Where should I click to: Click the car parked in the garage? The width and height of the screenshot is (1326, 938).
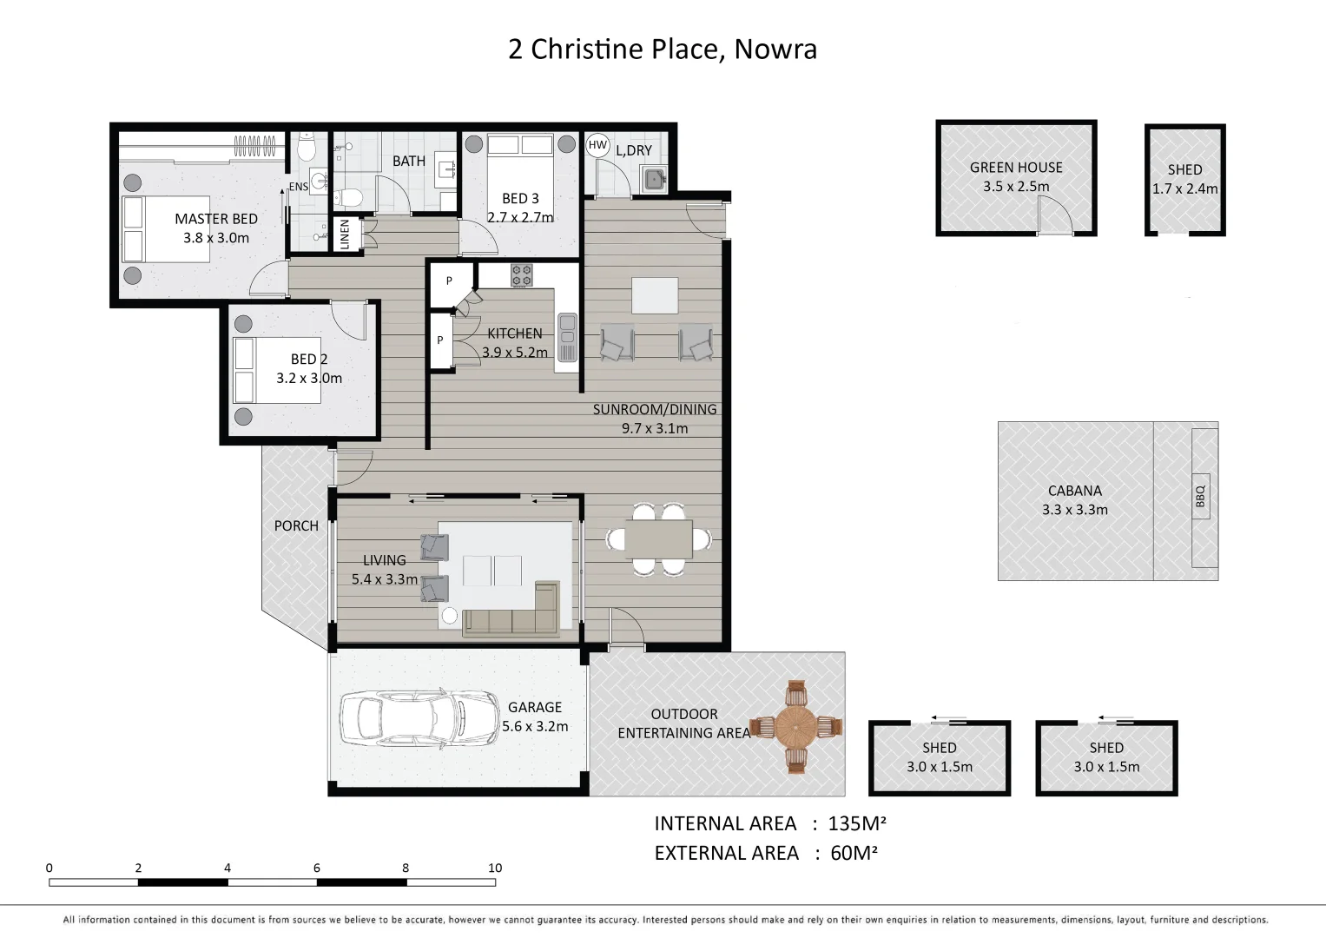point(404,719)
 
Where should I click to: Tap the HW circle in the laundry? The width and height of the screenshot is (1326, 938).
point(597,146)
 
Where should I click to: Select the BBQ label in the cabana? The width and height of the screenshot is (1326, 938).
point(1201,496)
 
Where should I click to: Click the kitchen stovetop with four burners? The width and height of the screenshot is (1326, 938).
point(521,275)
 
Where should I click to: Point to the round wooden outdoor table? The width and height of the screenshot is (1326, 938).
point(795,727)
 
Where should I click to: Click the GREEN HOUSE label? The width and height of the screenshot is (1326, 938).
point(1016,168)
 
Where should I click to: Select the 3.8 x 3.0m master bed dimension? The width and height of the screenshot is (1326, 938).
point(216,238)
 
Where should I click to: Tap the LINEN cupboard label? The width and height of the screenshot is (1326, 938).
point(345,234)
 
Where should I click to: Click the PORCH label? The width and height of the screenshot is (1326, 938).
point(296,525)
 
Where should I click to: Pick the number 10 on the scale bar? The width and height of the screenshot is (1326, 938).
point(495,868)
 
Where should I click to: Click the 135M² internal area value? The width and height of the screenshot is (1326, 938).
point(857,823)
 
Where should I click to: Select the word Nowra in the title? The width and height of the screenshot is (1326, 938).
point(775,50)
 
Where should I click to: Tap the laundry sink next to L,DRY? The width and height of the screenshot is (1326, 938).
point(653,180)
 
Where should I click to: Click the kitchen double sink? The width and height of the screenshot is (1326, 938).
point(567,336)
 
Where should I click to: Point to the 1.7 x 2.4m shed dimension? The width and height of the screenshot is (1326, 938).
point(1184,188)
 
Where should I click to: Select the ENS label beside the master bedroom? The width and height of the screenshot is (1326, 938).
point(299,187)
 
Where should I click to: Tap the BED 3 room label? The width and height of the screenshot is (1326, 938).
point(520,198)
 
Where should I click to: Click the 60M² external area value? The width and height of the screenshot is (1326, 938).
point(854,853)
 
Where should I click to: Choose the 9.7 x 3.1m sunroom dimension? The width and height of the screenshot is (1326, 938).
point(655,428)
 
